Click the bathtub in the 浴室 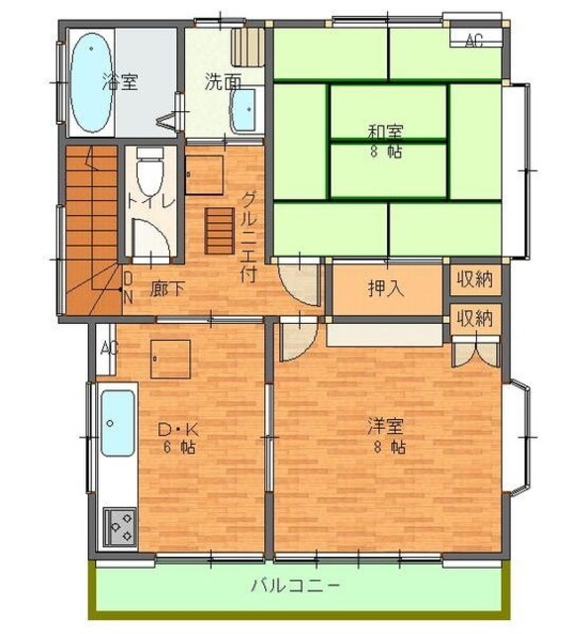pyautogui.click(x=91, y=82)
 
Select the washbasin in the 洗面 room pyautogui.click(x=244, y=110)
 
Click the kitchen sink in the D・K pyautogui.click(x=118, y=423)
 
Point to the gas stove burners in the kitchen pyautogui.click(x=120, y=527)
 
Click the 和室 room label pyautogui.click(x=385, y=132)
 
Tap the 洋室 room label pyautogui.click(x=385, y=427)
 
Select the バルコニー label pyautogui.click(x=296, y=585)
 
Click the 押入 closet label pyautogui.click(x=386, y=288)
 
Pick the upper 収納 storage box pyautogui.click(x=475, y=279)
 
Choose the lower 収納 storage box pyautogui.click(x=475, y=319)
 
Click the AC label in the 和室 pyautogui.click(x=474, y=40)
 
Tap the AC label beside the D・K pyautogui.click(x=109, y=348)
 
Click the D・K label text pyautogui.click(x=178, y=429)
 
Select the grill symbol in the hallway pyautogui.click(x=220, y=231)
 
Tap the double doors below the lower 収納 pyautogui.click(x=475, y=351)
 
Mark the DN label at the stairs pyautogui.click(x=128, y=288)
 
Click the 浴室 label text pyautogui.click(x=120, y=81)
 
